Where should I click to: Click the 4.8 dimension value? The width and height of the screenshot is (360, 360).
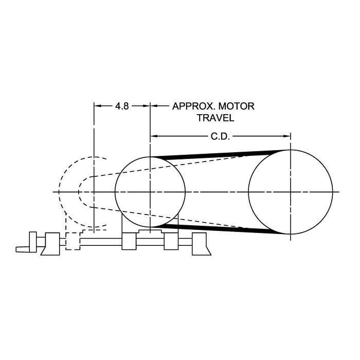click(x=122, y=106)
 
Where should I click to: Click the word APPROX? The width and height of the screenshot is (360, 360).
click(x=193, y=106)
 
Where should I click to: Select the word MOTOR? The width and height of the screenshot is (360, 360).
click(x=236, y=106)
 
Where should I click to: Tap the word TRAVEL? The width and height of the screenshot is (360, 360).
click(x=215, y=118)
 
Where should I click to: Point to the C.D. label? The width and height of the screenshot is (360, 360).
click(x=220, y=137)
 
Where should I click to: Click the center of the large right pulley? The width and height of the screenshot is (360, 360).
click(x=291, y=192)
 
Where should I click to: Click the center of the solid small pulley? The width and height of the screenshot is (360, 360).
click(x=150, y=192)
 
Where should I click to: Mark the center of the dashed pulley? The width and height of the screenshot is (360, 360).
click(x=94, y=192)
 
